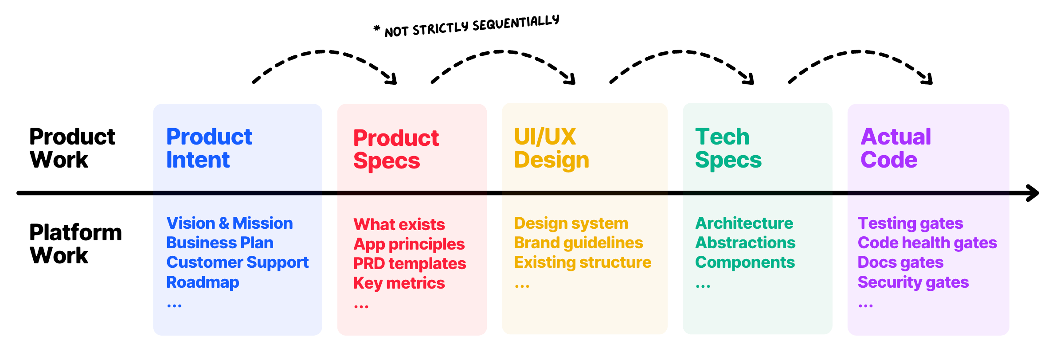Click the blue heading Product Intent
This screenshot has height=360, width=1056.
click(208, 148)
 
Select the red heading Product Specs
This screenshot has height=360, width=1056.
click(395, 149)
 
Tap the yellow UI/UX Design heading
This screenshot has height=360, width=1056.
click(551, 148)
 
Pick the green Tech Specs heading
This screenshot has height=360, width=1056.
click(728, 148)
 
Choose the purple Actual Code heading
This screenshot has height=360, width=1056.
click(895, 148)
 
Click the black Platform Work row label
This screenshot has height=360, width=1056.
click(75, 244)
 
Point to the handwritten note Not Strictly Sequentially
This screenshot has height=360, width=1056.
click(472, 26)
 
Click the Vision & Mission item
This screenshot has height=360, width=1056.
click(229, 223)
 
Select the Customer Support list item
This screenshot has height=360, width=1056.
click(237, 262)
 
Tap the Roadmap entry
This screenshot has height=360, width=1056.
click(203, 282)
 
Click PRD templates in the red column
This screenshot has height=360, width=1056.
click(409, 264)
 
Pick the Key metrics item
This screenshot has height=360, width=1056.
click(399, 283)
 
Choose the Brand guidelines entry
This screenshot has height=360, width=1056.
click(578, 243)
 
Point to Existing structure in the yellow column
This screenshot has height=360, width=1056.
click(583, 262)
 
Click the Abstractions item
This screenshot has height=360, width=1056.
click(745, 243)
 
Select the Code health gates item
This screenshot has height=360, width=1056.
click(927, 243)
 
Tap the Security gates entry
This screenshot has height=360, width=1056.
click(913, 282)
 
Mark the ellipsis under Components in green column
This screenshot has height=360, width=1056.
click(703, 286)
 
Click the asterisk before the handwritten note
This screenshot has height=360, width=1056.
click(376, 29)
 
